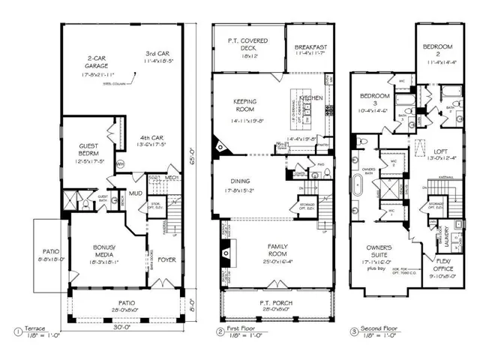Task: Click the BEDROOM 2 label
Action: tap(442, 50)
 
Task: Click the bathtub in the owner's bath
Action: tap(358, 182)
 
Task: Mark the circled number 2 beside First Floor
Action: tap(220, 331)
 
